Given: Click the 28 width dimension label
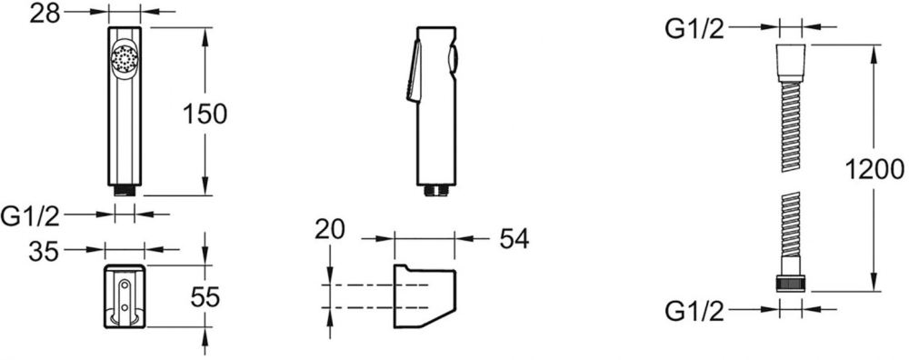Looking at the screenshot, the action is pyautogui.click(x=45, y=12).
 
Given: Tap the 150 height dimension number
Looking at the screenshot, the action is pyautogui.click(x=204, y=115).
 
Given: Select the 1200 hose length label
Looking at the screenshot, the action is pyautogui.click(x=874, y=170).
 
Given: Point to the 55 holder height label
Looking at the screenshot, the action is pyautogui.click(x=205, y=297).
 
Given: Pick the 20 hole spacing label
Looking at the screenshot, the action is pyautogui.click(x=329, y=229).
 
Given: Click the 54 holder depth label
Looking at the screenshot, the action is pyautogui.click(x=514, y=238).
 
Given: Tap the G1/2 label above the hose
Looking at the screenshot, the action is pyautogui.click(x=694, y=28).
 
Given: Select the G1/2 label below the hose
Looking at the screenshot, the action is pyautogui.click(x=694, y=312).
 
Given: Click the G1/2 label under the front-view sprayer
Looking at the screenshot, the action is pyautogui.click(x=31, y=216).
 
